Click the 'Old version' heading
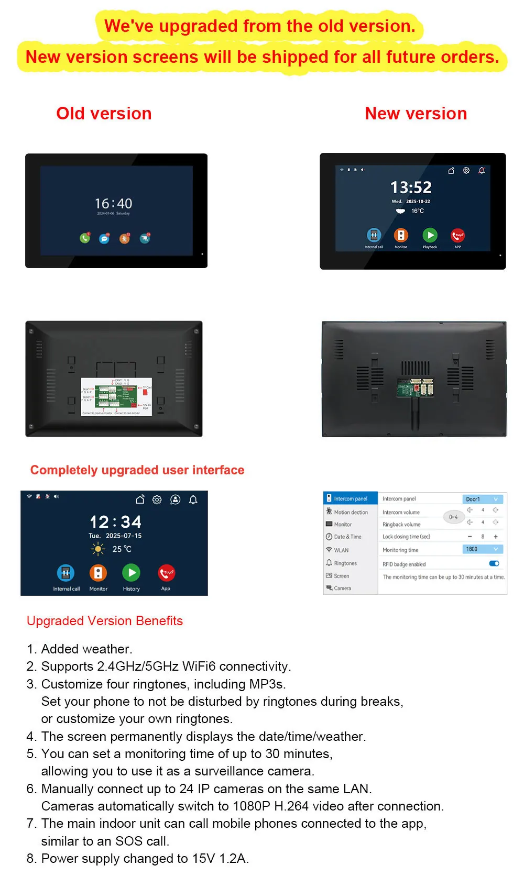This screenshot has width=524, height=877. pyautogui.click(x=104, y=114)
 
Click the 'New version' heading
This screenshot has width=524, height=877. pyautogui.click(x=416, y=114)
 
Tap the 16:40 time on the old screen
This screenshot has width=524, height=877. pyautogui.click(x=113, y=204)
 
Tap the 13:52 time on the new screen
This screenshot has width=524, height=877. pyautogui.click(x=411, y=187)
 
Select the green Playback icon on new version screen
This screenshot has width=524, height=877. pyautogui.click(x=430, y=235)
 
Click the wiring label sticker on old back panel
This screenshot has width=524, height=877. pyautogui.click(x=116, y=397)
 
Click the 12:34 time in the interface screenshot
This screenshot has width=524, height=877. pyautogui.click(x=115, y=521)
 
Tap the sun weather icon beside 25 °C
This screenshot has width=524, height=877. pyautogui.click(x=97, y=549)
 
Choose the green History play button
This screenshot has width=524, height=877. pyautogui.click(x=131, y=573)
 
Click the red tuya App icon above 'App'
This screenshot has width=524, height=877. pyautogui.click(x=166, y=573)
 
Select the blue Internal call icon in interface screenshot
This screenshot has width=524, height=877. pyautogui.click(x=65, y=573)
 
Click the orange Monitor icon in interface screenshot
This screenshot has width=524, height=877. pyautogui.click(x=98, y=573)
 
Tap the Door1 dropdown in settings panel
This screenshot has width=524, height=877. pyautogui.click(x=482, y=499)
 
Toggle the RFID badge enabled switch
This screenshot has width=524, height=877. pyautogui.click(x=494, y=563)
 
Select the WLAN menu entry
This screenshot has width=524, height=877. pyautogui.click(x=341, y=550)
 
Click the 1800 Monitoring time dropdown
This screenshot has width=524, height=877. pyautogui.click(x=482, y=549)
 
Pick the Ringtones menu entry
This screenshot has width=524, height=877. pyautogui.click(x=345, y=563)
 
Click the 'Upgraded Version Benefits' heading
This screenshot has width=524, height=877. pyautogui.click(x=105, y=621)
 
